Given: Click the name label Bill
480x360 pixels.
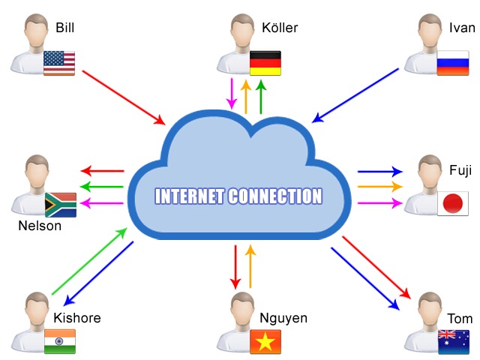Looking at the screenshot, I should point(65,28).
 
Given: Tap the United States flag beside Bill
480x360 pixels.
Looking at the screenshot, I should point(58,62).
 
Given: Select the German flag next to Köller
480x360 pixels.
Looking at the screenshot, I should point(265,62).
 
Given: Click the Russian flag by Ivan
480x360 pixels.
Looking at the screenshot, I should point(452,62).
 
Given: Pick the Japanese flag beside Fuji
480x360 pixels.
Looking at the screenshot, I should point(452,203).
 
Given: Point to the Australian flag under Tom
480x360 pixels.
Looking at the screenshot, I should point(452,341).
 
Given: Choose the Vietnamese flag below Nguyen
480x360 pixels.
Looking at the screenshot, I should point(265,341).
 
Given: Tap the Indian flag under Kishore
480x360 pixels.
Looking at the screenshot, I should point(59,341).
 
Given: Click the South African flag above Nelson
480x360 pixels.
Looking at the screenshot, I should point(60,204).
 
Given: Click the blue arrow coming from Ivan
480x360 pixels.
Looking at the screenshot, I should point(355,94).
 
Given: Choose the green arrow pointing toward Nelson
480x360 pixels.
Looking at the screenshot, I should point(102,186).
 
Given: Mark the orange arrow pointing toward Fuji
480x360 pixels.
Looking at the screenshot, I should point(379,186).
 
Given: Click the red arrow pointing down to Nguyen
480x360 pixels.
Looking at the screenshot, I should point(235,266).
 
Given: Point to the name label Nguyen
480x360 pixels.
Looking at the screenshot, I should point(283,318).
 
